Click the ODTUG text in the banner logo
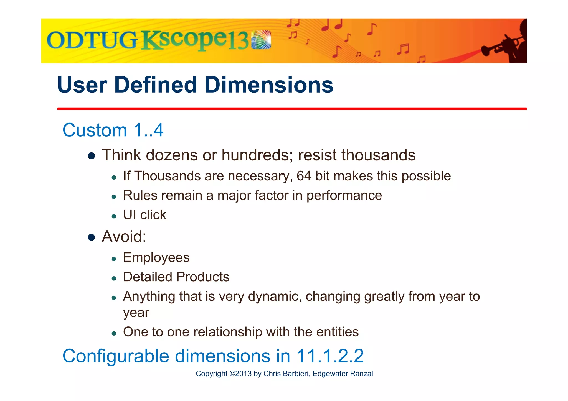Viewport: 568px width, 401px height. tap(92, 40)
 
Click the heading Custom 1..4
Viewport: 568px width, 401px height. tap(113, 130)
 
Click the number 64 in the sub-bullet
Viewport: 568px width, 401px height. tap(304, 176)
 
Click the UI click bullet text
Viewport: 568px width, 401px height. tap(144, 215)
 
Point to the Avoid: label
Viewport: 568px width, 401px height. tap(124, 237)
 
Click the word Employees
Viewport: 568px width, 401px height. tap(156, 258)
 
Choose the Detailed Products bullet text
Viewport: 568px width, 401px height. tap(176, 277)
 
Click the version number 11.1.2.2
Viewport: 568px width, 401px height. tap(330, 356)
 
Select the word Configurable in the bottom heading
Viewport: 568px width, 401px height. tap(116, 356)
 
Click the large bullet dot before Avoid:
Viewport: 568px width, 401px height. tap(92, 237)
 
